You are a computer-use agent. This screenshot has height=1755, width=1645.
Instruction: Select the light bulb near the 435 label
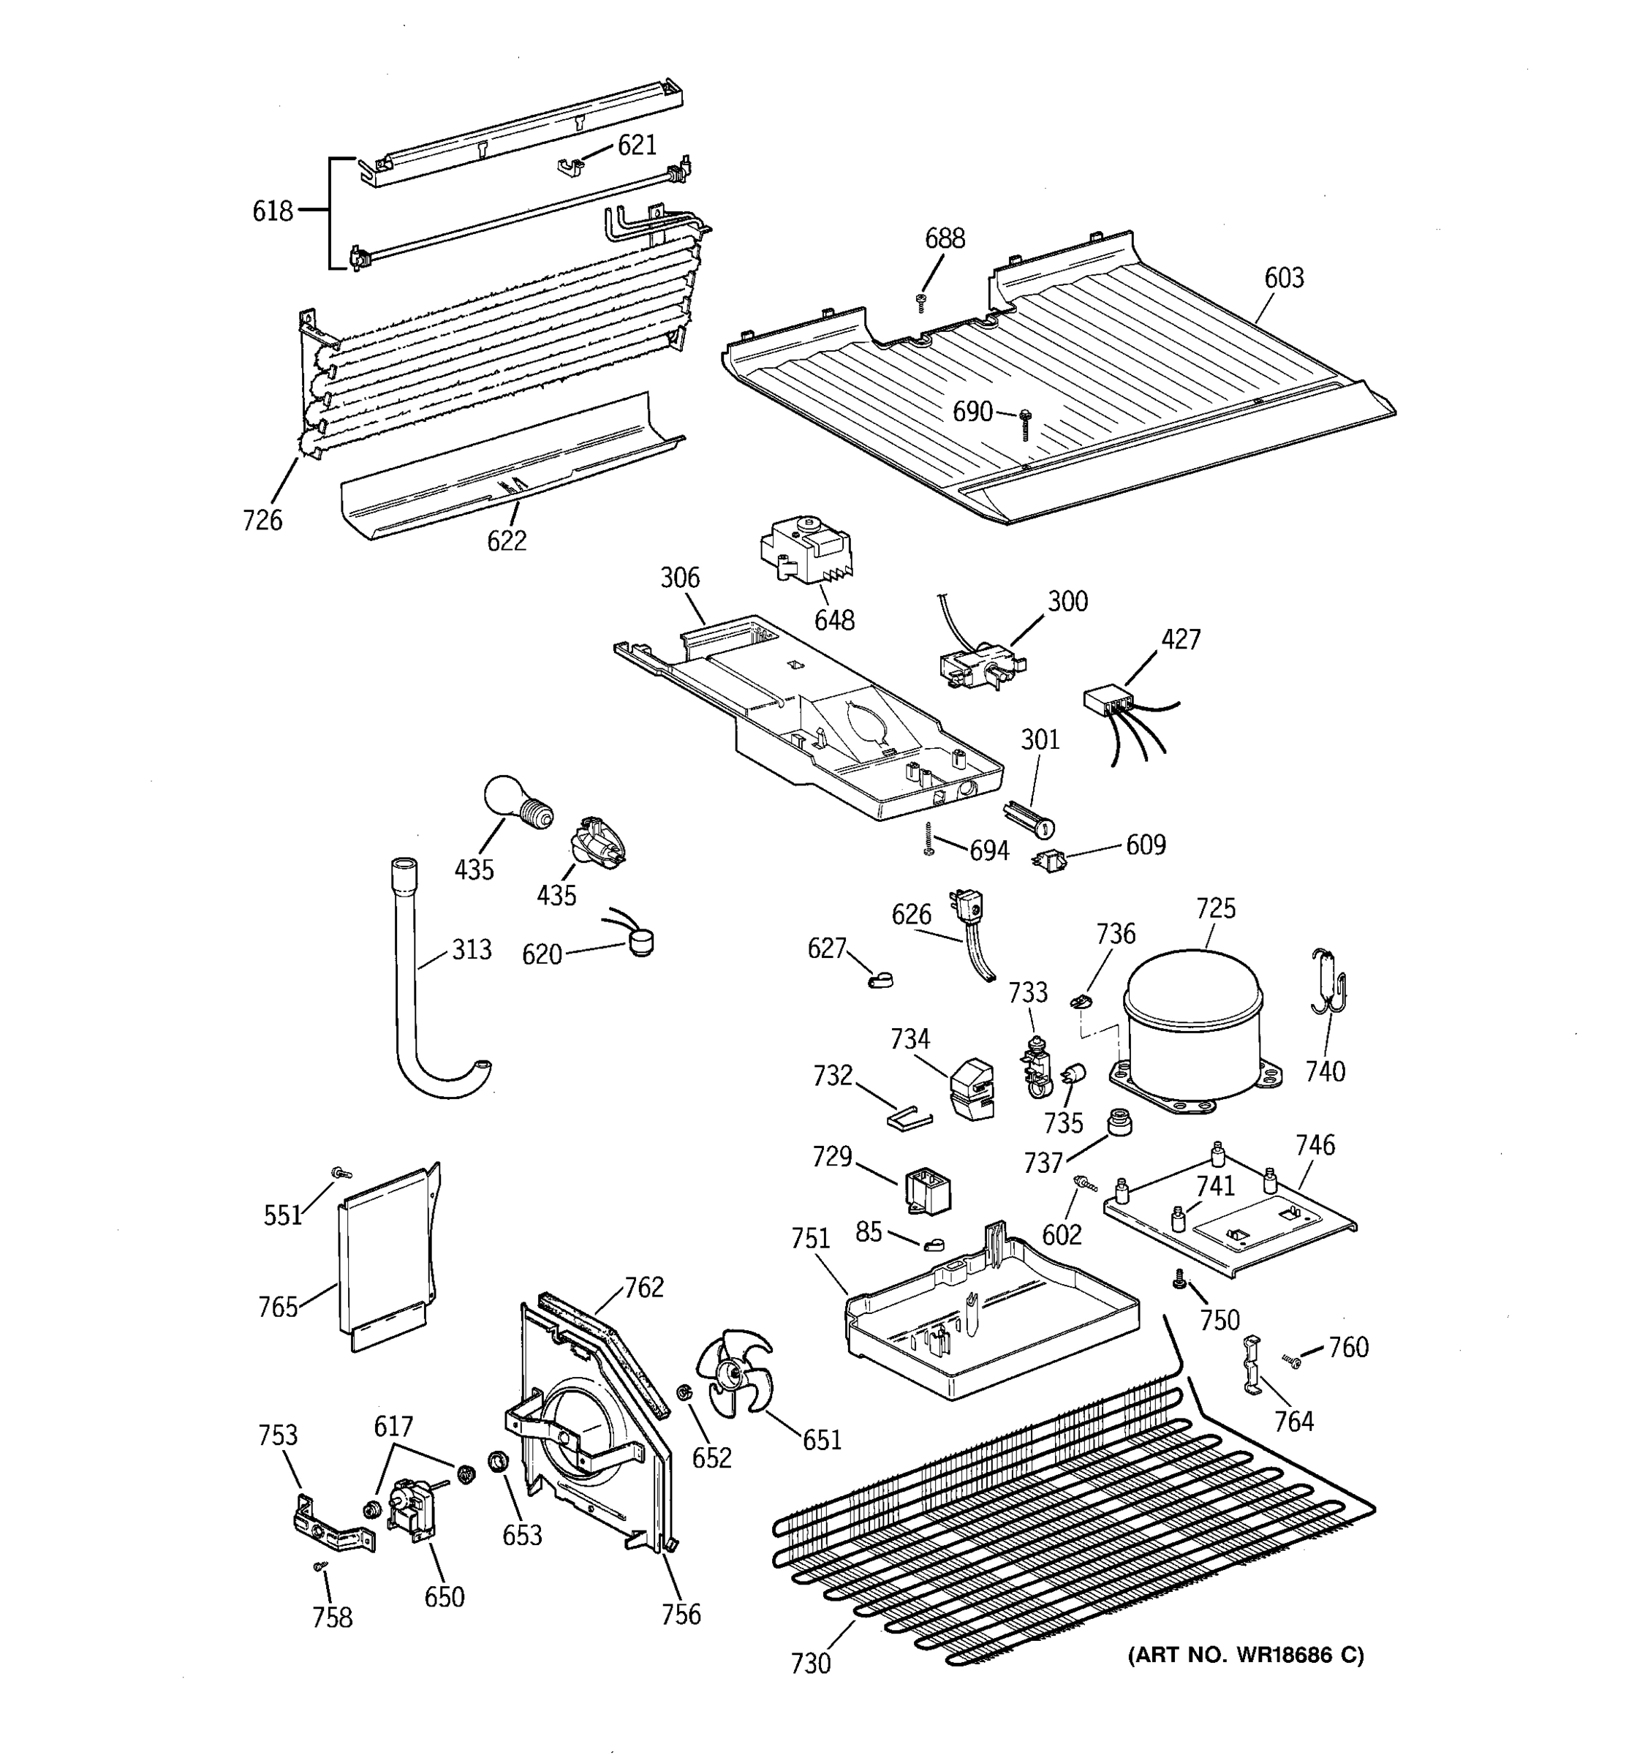(x=516, y=801)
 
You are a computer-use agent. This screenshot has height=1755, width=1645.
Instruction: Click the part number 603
(x=1283, y=278)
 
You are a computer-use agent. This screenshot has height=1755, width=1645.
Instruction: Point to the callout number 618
(x=272, y=211)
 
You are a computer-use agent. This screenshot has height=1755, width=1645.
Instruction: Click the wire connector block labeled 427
(x=1107, y=702)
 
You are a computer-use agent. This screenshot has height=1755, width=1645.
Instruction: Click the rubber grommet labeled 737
(x=1119, y=1124)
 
